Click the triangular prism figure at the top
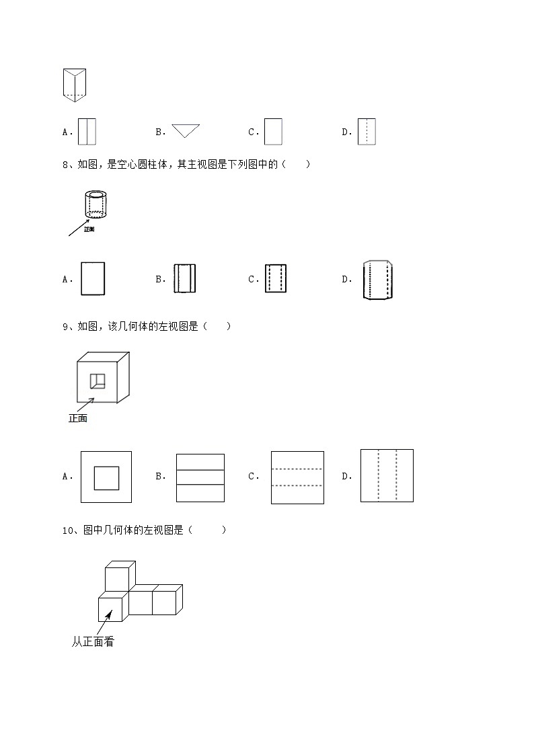pyautogui.click(x=75, y=85)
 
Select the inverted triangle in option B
pyautogui.click(x=186, y=130)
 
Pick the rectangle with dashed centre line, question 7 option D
pyautogui.click(x=367, y=132)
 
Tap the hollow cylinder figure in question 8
pyautogui.click(x=97, y=204)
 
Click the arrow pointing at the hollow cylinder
pyautogui.click(x=79, y=227)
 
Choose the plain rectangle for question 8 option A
pyautogui.click(x=93, y=278)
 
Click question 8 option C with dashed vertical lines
pyautogui.click(x=276, y=278)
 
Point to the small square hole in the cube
pyautogui.click(x=98, y=381)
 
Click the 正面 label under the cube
pyautogui.click(x=78, y=418)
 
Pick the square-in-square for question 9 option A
pyautogui.click(x=106, y=477)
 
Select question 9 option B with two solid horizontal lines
pyautogui.click(x=200, y=477)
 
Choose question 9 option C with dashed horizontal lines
pyautogui.click(x=297, y=477)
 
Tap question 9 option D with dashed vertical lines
pyautogui.click(x=387, y=475)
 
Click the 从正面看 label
pyautogui.click(x=93, y=642)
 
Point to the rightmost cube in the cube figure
pyautogui.click(x=165, y=600)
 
